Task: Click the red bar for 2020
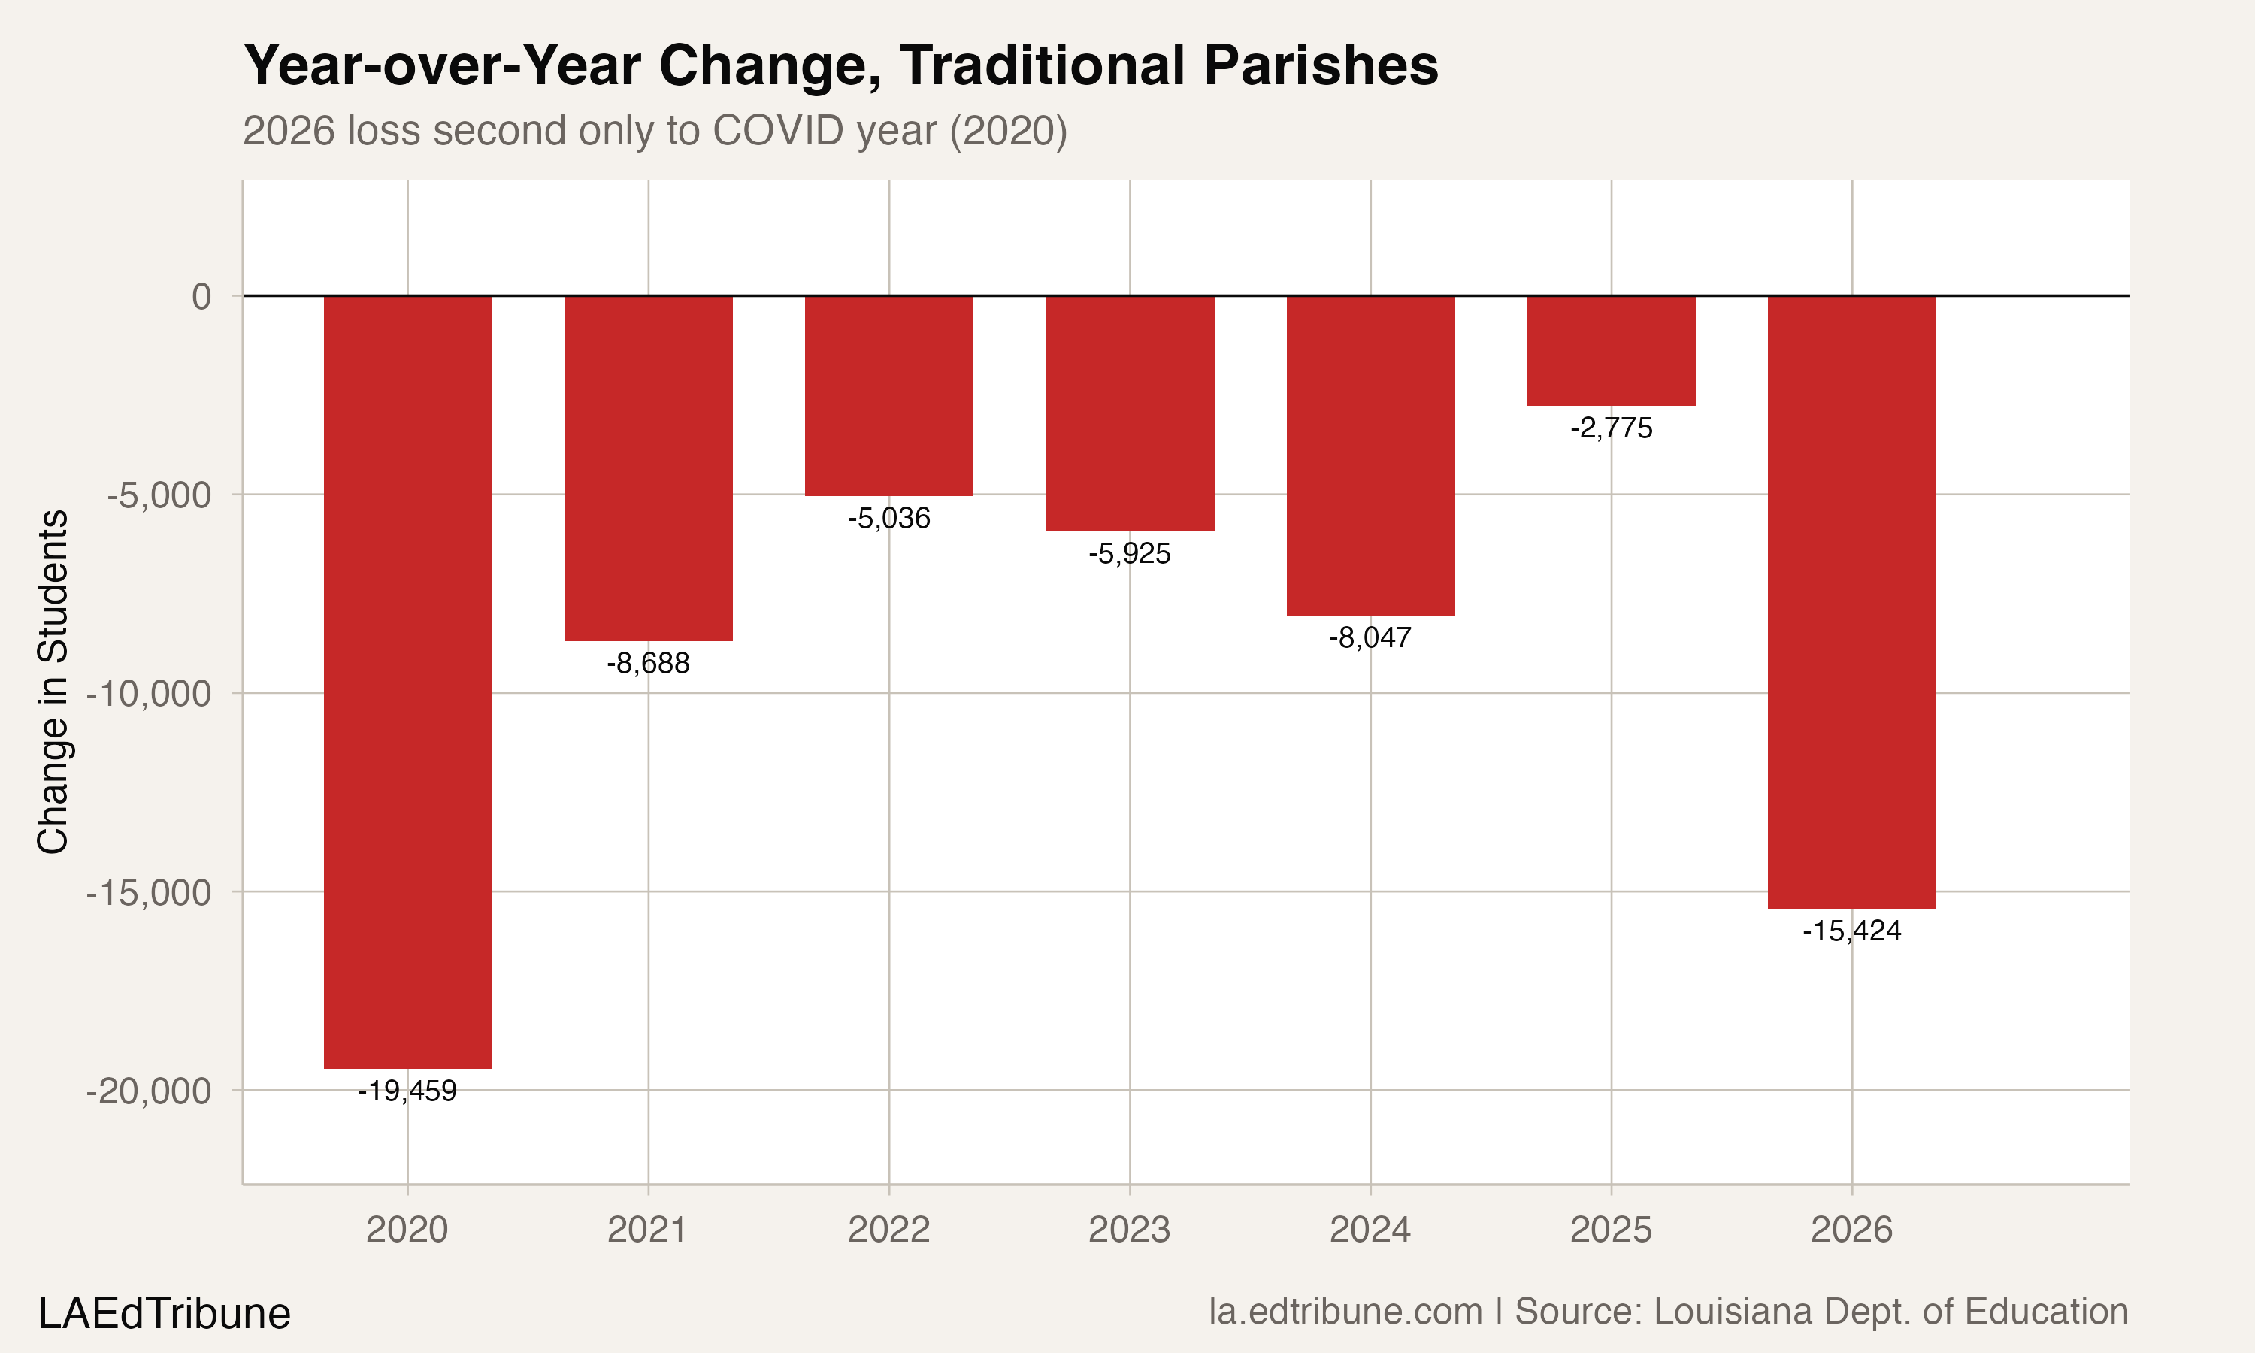407,682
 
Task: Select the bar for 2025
1611,351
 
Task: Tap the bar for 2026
1851,602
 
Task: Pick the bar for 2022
888,395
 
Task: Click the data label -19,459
407,1091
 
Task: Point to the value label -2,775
1611,428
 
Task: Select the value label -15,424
1851,931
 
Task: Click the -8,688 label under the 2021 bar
648,664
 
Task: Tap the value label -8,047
1370,638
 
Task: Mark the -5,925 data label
1129,554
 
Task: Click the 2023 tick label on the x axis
1129,1230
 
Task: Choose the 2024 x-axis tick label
1370,1230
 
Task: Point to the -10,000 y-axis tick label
149,694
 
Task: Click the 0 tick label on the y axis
201,296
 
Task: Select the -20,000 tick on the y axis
149,1091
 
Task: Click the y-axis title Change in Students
53,681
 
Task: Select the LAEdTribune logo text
164,1314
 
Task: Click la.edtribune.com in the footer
1345,1312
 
